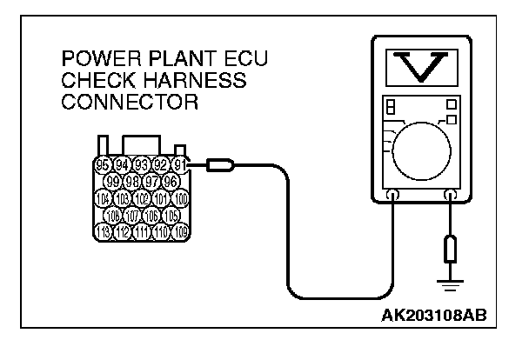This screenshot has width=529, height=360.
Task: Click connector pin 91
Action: point(181,163)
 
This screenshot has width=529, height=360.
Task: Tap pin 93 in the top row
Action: point(141,163)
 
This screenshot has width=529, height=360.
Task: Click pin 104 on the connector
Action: point(101,197)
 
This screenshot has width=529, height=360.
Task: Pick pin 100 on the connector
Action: point(181,197)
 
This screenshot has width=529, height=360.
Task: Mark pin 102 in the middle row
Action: point(141,197)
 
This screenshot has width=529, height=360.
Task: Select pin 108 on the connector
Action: point(111,214)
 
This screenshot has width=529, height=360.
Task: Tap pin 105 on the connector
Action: point(171,214)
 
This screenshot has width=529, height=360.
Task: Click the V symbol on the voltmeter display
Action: point(419,68)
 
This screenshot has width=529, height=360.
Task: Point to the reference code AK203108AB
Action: point(432,312)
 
